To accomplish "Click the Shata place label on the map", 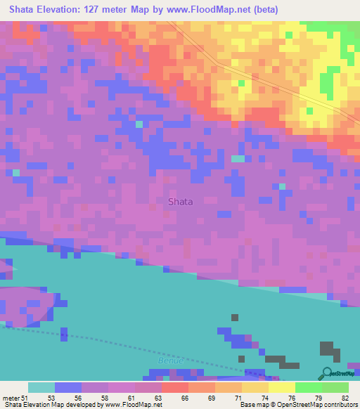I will point(180,201).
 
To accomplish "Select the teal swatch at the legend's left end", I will point(41,387).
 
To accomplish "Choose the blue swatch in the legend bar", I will point(68,387).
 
